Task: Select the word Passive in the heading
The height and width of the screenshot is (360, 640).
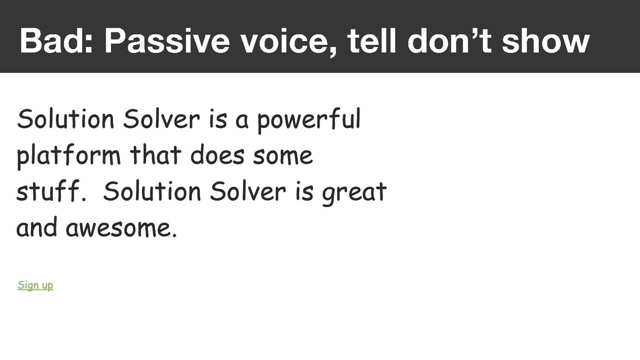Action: click(167, 41)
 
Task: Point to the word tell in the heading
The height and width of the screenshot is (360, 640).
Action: click(372, 41)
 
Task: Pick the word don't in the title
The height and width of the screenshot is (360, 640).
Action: click(450, 41)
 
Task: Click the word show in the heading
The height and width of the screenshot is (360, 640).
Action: click(546, 41)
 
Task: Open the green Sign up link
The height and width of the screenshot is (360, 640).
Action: click(35, 285)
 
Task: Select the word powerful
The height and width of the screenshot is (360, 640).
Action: click(309, 121)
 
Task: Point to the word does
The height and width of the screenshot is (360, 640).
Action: click(218, 155)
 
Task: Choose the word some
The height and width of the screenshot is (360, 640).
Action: click(283, 157)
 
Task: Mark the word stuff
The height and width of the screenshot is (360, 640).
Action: click(51, 191)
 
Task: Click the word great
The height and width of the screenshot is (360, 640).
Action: click(355, 194)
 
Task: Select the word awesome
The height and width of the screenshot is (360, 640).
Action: click(122, 229)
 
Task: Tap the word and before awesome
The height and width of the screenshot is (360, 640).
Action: click(37, 227)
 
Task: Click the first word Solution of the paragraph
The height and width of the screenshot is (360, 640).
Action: click(66, 118)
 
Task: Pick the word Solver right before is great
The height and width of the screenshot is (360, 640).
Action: click(247, 191)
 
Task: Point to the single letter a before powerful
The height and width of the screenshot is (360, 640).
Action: click(242, 121)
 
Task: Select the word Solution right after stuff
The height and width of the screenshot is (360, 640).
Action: click(152, 191)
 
